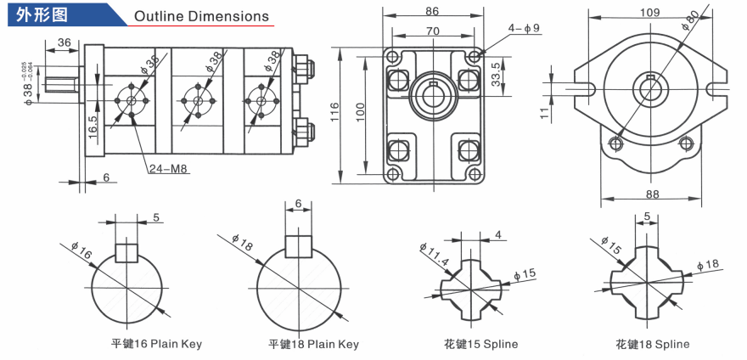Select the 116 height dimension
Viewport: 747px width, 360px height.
pos(335,112)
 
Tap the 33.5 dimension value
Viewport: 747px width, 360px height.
pos(496,73)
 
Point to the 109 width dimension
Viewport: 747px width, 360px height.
pos(650,13)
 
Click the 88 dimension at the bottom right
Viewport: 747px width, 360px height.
pos(653,194)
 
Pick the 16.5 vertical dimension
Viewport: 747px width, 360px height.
pos(93,127)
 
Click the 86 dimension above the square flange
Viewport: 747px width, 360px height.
pos(432,11)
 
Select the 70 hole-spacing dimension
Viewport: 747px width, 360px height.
pos(432,31)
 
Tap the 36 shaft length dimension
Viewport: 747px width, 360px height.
pos(64,42)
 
